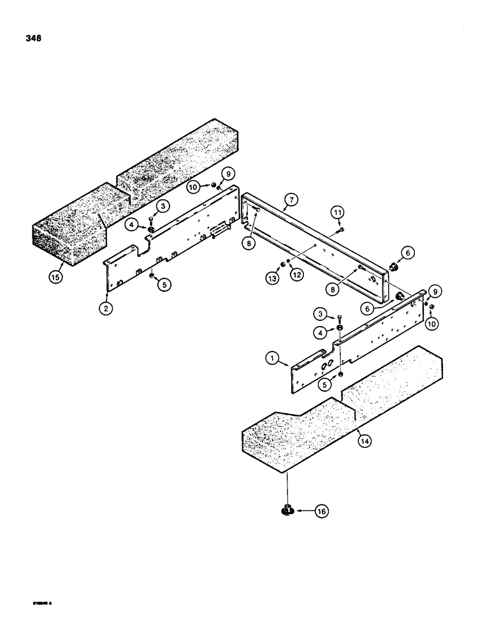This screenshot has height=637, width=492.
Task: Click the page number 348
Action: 34,38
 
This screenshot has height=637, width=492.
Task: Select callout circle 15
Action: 56,278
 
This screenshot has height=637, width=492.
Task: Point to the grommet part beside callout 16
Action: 287,510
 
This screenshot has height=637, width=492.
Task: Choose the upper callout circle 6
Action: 409,253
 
